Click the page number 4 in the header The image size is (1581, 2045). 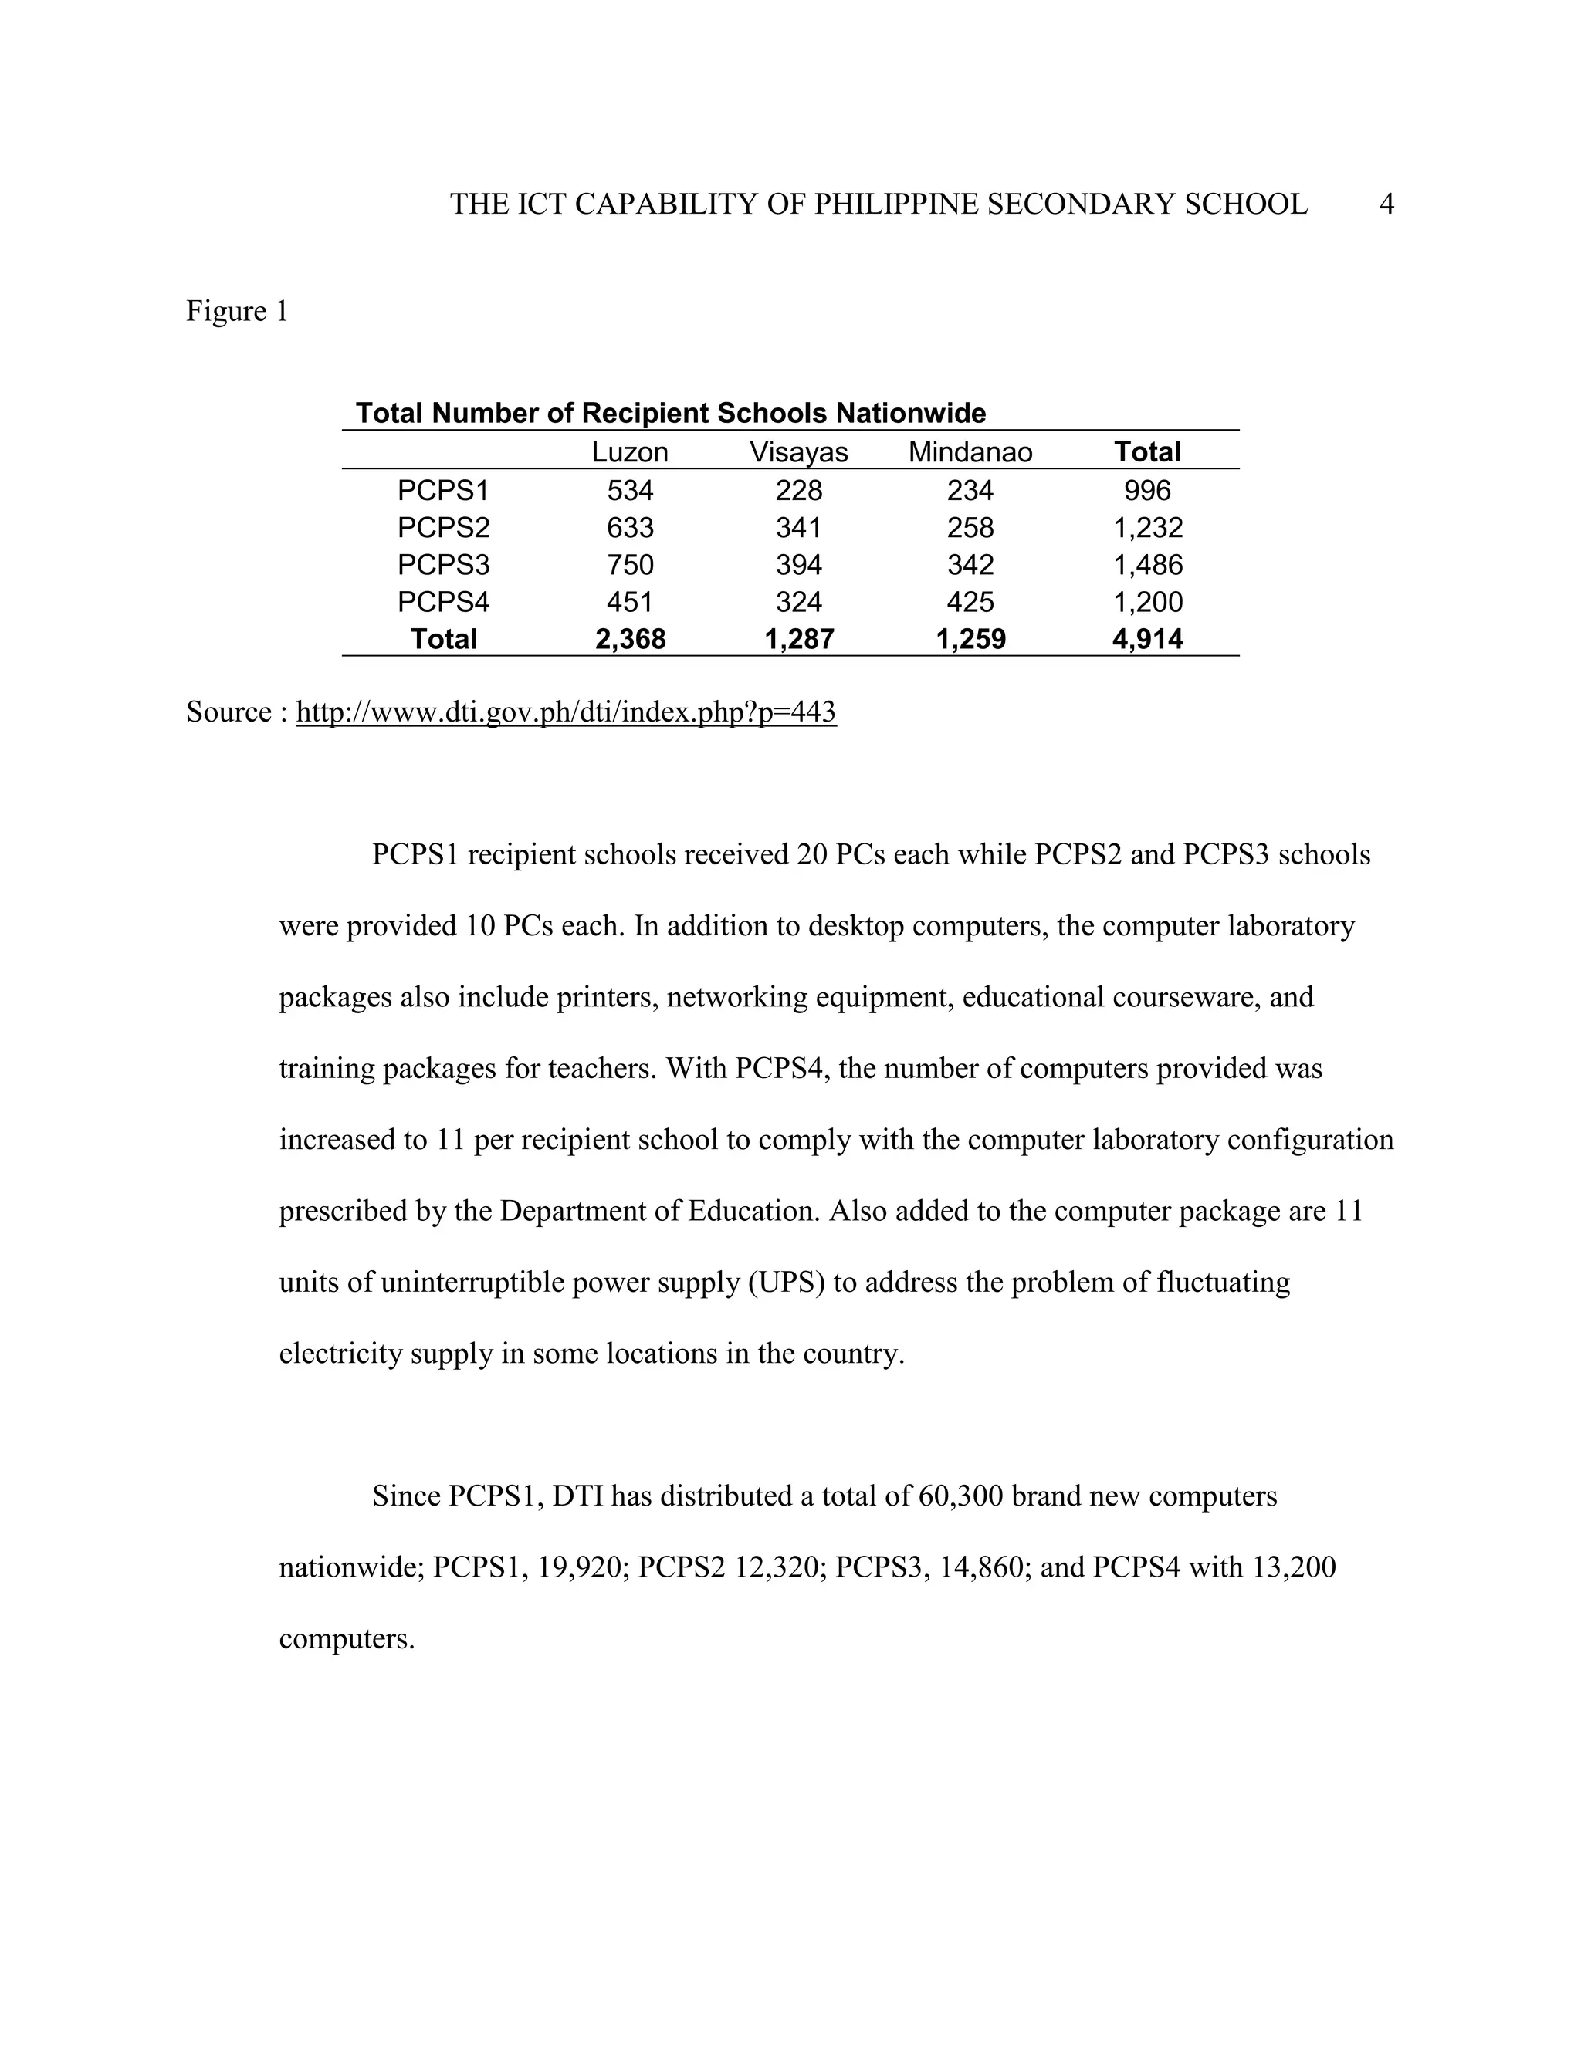tap(1386, 204)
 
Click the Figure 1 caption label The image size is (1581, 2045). tap(237, 311)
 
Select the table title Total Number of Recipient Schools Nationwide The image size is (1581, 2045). tap(671, 413)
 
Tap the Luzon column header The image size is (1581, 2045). tap(629, 452)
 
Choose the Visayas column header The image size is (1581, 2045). tap(798, 452)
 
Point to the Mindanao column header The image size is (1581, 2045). tap(970, 452)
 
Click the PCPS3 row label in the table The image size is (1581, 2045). tap(443, 565)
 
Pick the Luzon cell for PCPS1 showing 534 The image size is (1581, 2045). tap(629, 491)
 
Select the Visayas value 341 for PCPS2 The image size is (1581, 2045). tap(798, 528)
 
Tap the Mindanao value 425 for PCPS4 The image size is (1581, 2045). tap(970, 602)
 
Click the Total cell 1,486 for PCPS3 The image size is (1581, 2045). tap(1147, 565)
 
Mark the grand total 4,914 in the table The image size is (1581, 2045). tap(1147, 640)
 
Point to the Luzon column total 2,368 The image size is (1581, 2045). tap(629, 640)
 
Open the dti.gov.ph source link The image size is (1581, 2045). tap(566, 712)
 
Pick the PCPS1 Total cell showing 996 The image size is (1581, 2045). tap(1147, 491)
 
